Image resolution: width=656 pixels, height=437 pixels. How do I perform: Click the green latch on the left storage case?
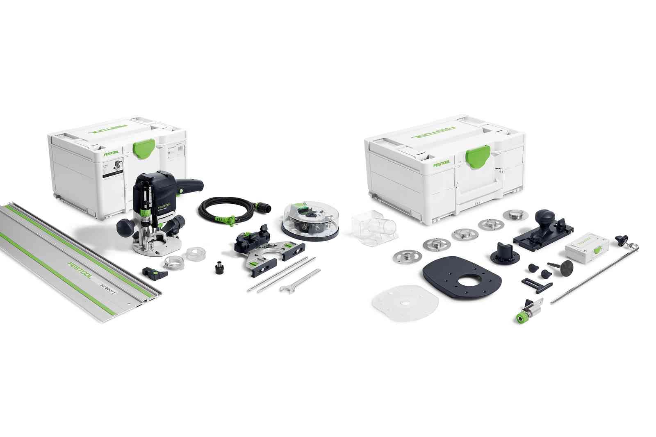(x=144, y=147)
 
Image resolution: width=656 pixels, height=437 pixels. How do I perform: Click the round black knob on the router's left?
(x=125, y=226)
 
